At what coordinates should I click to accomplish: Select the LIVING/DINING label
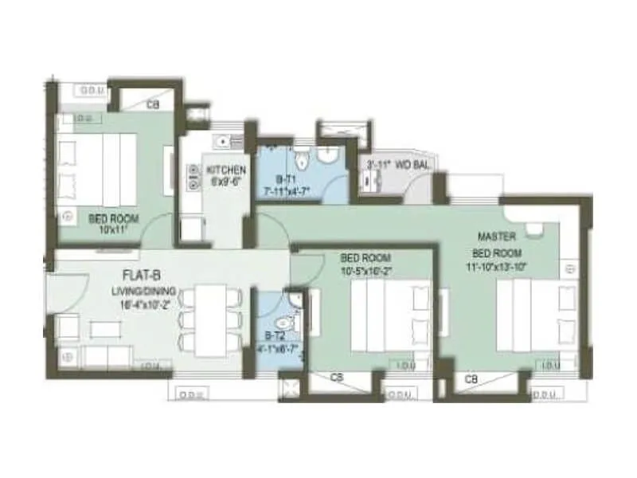click(x=143, y=292)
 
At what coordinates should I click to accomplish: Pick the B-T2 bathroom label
click(x=275, y=338)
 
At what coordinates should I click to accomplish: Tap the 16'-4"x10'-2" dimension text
click(x=144, y=303)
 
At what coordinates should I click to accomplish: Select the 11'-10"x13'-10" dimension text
click(x=497, y=266)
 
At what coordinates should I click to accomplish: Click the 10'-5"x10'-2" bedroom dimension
click(x=367, y=270)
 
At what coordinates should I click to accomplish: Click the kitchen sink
click(x=225, y=141)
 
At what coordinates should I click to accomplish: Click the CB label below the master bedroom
click(x=471, y=378)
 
